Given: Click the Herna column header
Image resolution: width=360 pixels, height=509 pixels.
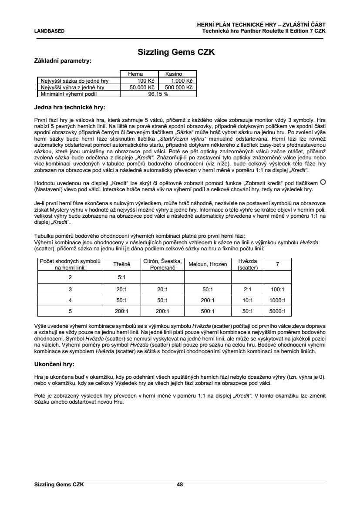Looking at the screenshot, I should pyautogui.click(x=135, y=74).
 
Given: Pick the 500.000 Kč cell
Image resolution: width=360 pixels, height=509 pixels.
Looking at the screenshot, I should pyautogui.click(x=179, y=87).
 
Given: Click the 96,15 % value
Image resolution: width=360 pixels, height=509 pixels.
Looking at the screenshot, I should pyautogui.click(x=158, y=94).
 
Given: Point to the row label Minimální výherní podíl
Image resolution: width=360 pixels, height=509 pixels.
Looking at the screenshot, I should pyautogui.click(x=68, y=94).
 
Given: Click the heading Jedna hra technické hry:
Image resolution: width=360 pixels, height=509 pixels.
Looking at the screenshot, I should pyautogui.click(x=70, y=107).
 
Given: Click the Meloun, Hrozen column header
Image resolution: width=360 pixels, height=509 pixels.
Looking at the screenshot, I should pyautogui.click(x=208, y=264).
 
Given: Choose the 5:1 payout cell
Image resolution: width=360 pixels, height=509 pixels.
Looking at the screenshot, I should pyautogui.click(x=122, y=276).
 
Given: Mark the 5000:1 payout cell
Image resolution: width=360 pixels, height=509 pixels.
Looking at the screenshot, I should pyautogui.click(x=277, y=311).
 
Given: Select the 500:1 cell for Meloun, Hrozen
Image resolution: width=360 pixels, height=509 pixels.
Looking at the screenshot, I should pyautogui.click(x=208, y=311).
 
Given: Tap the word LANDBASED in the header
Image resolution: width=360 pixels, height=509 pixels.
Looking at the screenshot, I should pyautogui.click(x=49, y=31).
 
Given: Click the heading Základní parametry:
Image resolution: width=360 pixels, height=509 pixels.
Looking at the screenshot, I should pyautogui.click(x=63, y=61).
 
